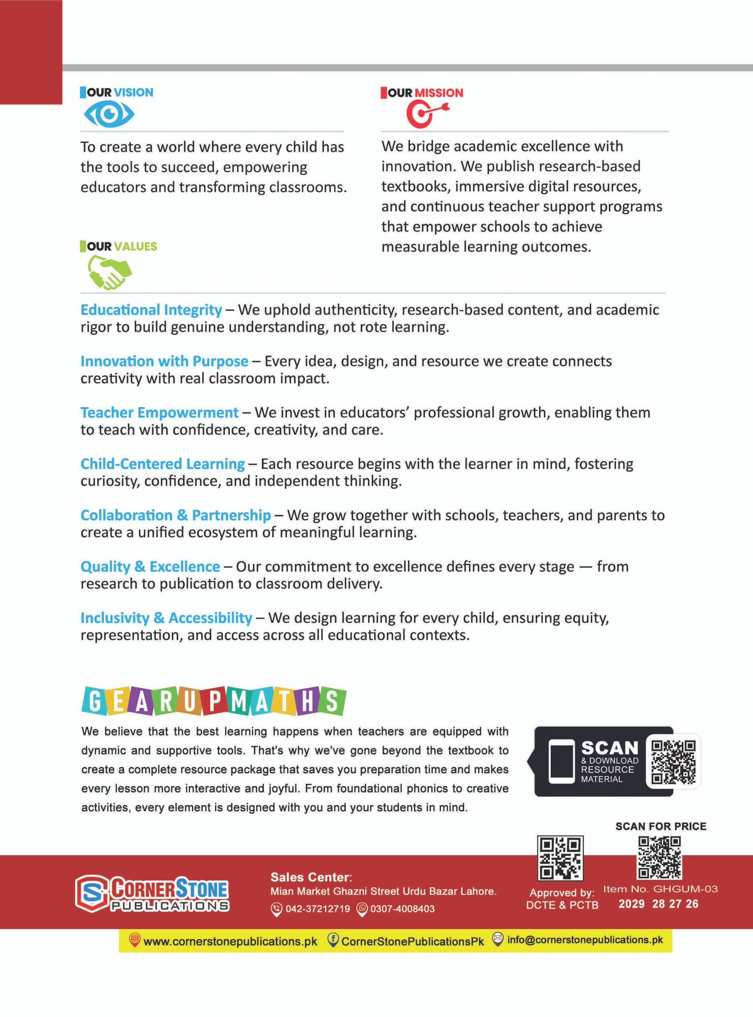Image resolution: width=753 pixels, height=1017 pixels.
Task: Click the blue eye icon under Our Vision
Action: pos(109,114)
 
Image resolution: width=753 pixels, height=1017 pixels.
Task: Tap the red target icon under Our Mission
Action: pos(426,114)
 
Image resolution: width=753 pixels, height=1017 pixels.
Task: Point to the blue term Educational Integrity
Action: pos(151,310)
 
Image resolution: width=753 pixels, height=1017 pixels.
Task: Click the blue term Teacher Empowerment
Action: pos(160,412)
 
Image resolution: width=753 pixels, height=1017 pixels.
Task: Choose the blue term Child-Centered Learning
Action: pos(162,464)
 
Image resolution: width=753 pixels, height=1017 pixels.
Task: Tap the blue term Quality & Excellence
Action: pos(150,567)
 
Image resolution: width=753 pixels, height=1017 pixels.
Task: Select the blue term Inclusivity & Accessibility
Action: pos(166,618)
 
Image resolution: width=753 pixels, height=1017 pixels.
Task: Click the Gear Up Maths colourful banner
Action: pos(214,701)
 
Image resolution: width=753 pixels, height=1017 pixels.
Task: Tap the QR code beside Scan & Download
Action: pos(673,762)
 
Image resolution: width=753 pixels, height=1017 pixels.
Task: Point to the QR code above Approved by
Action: pos(560,858)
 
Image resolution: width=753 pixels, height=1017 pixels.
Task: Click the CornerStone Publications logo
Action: pos(152,893)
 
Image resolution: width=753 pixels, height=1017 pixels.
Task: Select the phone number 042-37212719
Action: pos(317,909)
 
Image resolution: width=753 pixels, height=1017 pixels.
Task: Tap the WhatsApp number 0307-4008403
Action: pos(402,909)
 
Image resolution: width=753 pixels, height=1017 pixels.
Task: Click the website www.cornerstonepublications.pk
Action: pos(230,941)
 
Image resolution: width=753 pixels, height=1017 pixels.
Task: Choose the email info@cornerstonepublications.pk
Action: pos(585,940)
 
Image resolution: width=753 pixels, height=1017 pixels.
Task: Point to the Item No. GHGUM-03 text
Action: pos(660,889)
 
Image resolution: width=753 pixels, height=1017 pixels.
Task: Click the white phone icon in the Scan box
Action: pos(561,762)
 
